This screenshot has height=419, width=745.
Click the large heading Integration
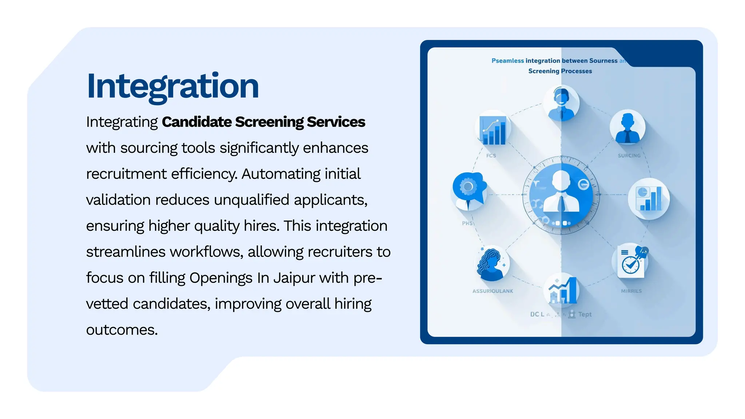pos(173,86)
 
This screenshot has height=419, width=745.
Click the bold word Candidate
pos(196,122)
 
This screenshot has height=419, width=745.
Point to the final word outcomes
pos(121,330)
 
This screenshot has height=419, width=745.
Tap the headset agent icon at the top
pos(561,103)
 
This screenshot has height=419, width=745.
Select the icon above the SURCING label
pos(628,128)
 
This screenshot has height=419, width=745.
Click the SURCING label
pos(629,156)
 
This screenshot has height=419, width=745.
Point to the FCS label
pos(491,156)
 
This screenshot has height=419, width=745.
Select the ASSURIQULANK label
pos(493,291)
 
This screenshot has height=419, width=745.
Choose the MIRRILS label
pos(631,291)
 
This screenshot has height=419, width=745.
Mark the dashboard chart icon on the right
pos(649,199)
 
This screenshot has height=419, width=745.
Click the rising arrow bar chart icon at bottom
pos(562,290)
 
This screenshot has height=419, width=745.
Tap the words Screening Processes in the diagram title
pos(560,71)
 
